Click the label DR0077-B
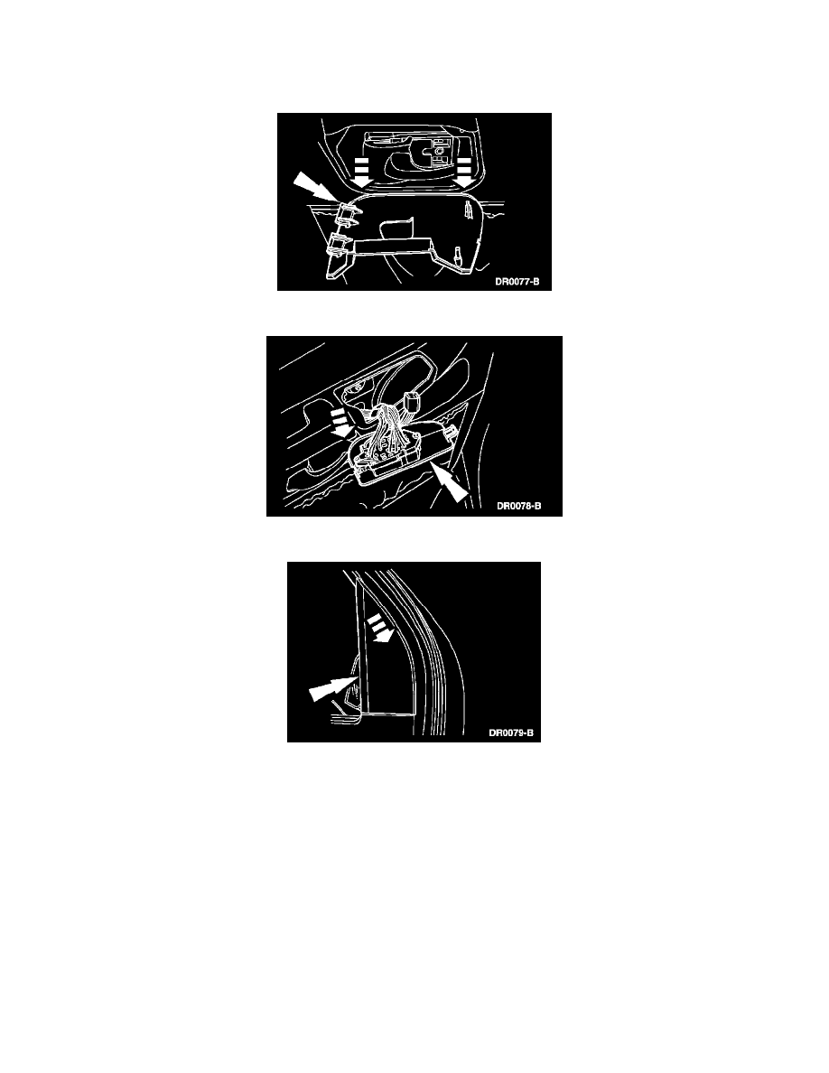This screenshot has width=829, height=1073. point(517,281)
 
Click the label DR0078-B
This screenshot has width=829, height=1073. point(518,507)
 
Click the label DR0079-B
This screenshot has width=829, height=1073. point(510,732)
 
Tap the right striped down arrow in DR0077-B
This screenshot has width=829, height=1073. point(465,171)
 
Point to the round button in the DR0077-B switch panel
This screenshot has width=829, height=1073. point(438,145)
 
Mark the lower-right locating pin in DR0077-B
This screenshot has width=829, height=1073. point(457,257)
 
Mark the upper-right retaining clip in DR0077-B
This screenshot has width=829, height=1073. point(469,213)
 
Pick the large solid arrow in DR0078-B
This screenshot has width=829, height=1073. point(450,483)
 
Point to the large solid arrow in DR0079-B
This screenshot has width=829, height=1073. point(330,688)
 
